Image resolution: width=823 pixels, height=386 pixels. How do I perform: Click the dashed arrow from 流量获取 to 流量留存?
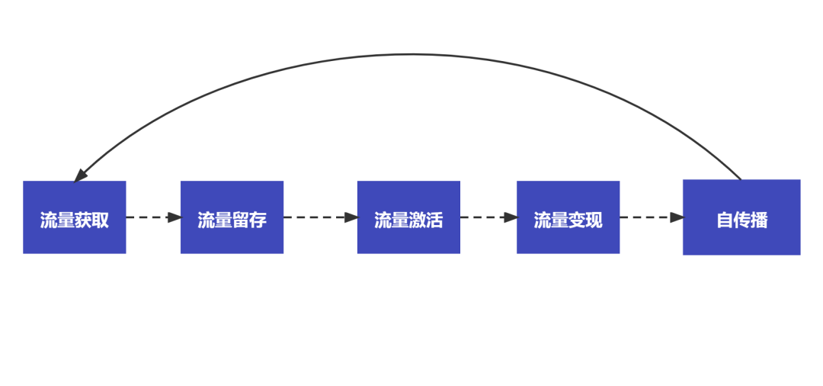149,217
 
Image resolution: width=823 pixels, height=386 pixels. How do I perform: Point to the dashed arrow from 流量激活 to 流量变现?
485,217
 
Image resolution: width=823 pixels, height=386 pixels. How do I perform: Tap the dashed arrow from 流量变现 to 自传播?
648,217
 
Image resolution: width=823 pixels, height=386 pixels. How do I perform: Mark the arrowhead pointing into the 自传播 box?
677,217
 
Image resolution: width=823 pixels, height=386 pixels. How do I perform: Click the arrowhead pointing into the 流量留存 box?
175,217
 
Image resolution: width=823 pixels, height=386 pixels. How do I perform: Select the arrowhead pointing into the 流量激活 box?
351,217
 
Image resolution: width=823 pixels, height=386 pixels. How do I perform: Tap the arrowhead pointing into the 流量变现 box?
511,217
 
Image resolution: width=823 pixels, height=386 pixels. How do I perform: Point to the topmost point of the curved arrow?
411,54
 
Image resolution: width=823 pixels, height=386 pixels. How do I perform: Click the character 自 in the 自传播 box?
724,220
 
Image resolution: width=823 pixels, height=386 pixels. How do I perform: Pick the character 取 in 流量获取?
101,220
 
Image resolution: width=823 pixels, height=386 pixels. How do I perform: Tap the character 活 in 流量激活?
434,220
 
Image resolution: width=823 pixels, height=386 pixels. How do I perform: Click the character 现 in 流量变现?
594,220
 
